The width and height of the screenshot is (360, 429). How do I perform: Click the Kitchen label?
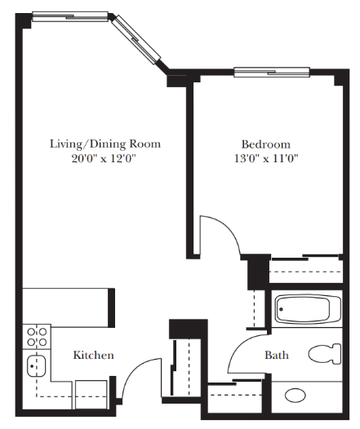tap(94, 356)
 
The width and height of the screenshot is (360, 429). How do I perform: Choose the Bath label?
tap(276, 356)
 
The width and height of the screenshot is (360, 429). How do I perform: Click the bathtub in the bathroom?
tap(307, 309)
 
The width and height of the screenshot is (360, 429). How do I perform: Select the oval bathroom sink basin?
tap(296, 396)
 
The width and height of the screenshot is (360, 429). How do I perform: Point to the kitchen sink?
tap(36, 366)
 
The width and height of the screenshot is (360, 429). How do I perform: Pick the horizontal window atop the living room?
tap(70, 15)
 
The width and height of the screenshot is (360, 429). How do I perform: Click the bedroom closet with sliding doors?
tap(306, 268)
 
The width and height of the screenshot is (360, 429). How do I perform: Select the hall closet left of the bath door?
tap(187, 367)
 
